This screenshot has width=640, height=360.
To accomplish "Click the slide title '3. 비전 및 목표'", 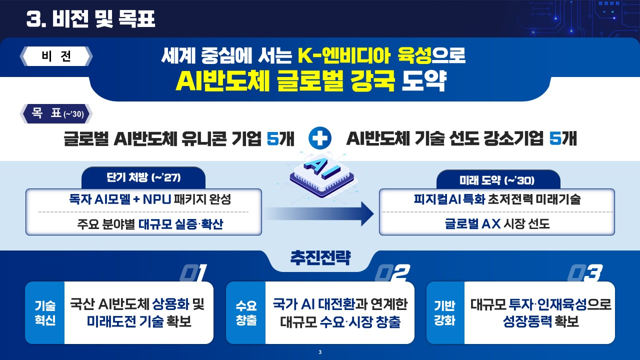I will [x=90, y=19].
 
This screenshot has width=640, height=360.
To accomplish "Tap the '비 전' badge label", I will [x=56, y=56].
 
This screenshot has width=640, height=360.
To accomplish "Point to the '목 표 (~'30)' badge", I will [x=56, y=114].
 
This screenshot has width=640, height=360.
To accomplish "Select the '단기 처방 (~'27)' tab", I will [x=143, y=178].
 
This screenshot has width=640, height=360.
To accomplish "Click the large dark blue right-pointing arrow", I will [x=320, y=214].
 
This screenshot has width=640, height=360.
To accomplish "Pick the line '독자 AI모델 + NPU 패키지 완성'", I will [x=143, y=200].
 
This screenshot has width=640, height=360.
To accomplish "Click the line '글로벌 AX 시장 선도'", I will [x=496, y=224].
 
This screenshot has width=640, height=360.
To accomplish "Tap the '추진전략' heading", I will [x=320, y=259].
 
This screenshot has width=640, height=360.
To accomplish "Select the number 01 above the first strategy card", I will [x=192, y=273].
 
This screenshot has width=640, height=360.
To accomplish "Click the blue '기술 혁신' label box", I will [x=45, y=313].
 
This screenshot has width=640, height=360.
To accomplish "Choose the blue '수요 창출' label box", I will [x=246, y=313].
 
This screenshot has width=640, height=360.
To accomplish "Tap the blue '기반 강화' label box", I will [x=445, y=313].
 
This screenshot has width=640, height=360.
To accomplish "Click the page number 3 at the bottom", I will [x=320, y=353].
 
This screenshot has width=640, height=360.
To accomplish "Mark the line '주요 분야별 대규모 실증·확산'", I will [x=143, y=224].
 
